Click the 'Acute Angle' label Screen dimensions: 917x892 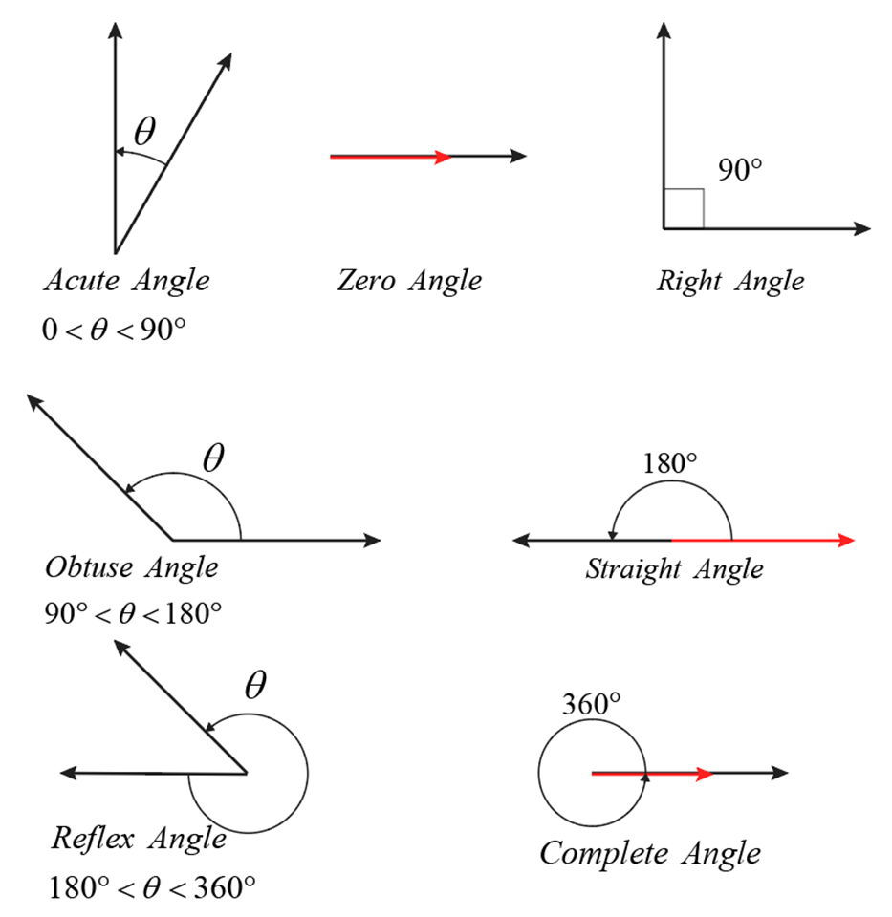pos(126,281)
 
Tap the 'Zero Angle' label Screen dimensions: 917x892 pos(409,281)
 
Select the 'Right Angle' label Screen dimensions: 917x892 pos(730,281)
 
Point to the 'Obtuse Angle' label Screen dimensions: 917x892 pos(132,567)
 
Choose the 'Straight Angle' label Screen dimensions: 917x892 pos(675,570)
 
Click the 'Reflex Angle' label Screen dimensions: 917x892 pos(139,839)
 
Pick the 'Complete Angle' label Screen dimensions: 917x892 pos(650,852)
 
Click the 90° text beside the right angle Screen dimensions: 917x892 pos(741,170)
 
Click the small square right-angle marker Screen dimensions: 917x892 pos(684,209)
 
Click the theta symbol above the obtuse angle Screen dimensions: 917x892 pos(213,458)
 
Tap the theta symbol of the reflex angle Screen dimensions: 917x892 pos(254,686)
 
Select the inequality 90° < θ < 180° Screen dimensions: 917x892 pos(134,611)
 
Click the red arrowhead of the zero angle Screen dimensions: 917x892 pos(443,157)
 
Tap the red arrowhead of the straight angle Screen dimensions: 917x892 pos(845,541)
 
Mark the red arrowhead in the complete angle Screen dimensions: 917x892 pos(706,774)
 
